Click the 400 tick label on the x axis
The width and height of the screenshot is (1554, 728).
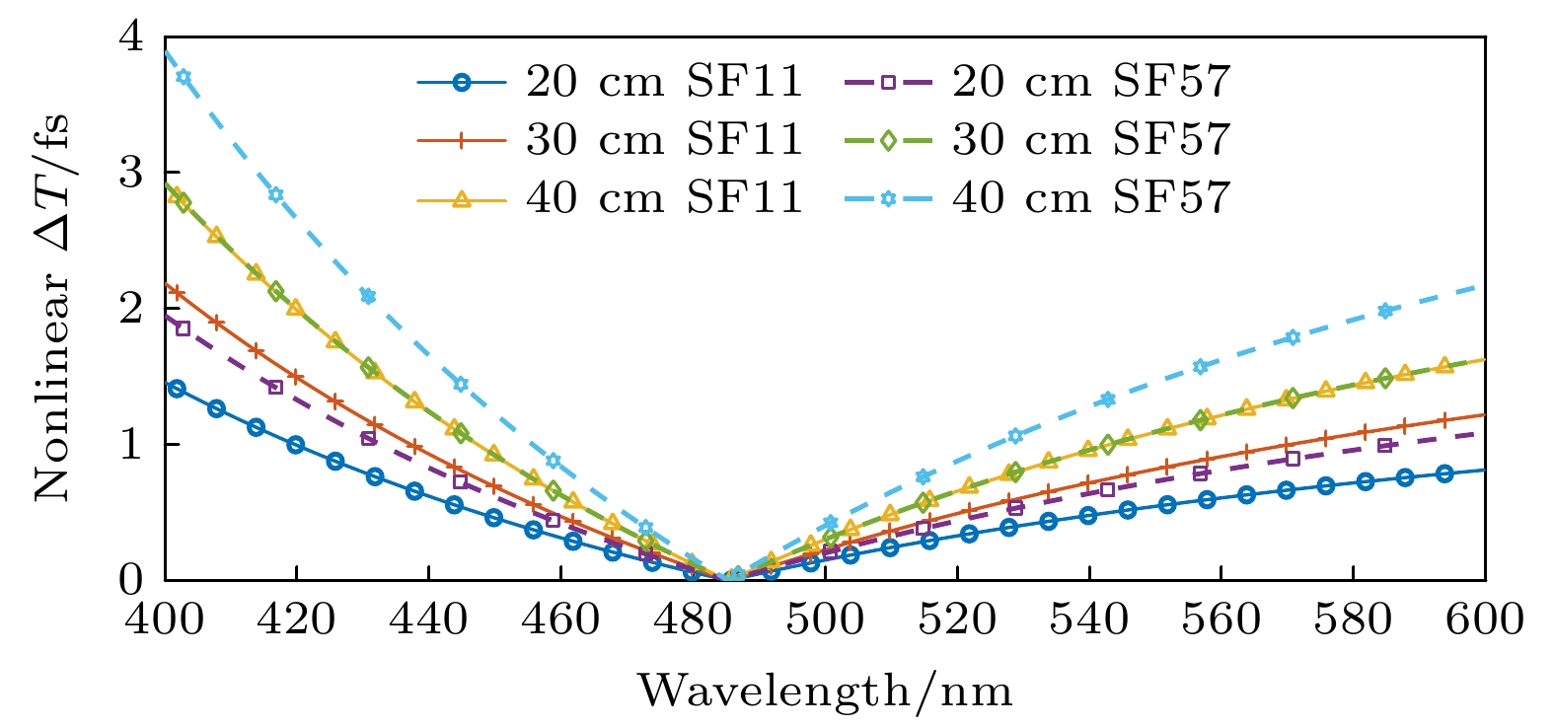165,619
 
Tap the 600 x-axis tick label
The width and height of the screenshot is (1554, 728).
1484,619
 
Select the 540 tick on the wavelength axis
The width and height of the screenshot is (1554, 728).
1088,619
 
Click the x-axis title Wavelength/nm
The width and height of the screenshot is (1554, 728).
825,691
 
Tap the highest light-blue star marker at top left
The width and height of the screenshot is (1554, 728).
183,77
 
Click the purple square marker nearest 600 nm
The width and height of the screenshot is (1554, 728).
1385,446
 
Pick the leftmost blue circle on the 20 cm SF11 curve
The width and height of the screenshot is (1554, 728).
177,389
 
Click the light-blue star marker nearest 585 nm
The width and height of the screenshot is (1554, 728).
1385,311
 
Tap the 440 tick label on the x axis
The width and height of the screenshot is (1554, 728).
428,619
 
